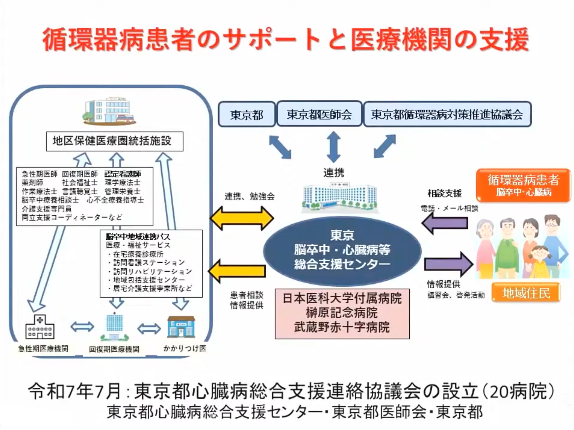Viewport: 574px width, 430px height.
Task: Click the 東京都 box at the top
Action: click(247, 114)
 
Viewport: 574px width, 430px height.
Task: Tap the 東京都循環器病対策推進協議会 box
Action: click(447, 114)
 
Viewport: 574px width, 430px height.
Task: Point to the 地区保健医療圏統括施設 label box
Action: click(114, 141)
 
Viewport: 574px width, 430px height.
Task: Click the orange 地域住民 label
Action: click(526, 293)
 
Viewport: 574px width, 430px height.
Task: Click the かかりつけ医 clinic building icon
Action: click(181, 327)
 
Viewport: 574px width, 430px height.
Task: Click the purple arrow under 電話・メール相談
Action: click(445, 223)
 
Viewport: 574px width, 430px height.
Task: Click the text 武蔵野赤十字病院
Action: click(342, 327)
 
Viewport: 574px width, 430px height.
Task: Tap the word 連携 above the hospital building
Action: click(334, 173)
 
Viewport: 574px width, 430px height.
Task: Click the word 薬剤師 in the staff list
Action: click(32, 182)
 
